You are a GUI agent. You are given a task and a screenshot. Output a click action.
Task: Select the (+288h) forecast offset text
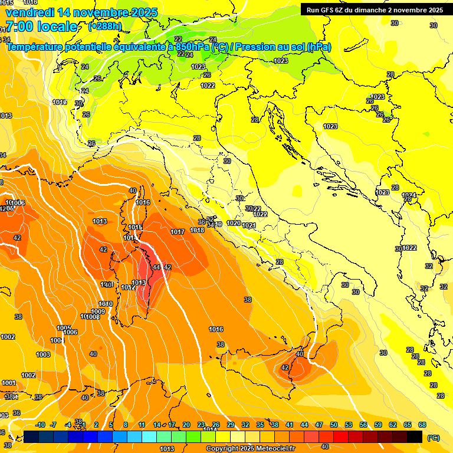105,27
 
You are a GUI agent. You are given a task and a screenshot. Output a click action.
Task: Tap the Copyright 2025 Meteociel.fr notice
251,448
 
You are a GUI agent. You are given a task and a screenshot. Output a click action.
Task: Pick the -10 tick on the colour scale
40,425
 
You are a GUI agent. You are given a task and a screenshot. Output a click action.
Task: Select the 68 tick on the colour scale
422,425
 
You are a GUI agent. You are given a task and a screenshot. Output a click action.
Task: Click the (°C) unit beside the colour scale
434,438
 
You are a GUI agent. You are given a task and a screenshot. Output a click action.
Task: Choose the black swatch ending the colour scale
415,436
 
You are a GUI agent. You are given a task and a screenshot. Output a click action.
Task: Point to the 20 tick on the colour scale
186,425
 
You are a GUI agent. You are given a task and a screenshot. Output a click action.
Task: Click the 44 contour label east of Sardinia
156,267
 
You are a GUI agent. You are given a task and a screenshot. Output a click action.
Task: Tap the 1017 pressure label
178,232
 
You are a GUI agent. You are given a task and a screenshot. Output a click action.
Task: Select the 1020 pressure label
234,224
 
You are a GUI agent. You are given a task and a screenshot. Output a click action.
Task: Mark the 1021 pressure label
248,225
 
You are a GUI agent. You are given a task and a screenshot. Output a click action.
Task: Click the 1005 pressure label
64,328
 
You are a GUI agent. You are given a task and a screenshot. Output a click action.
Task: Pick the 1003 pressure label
43,354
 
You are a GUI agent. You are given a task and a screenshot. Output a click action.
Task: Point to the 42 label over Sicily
285,367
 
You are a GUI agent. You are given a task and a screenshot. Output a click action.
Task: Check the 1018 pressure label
197,230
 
